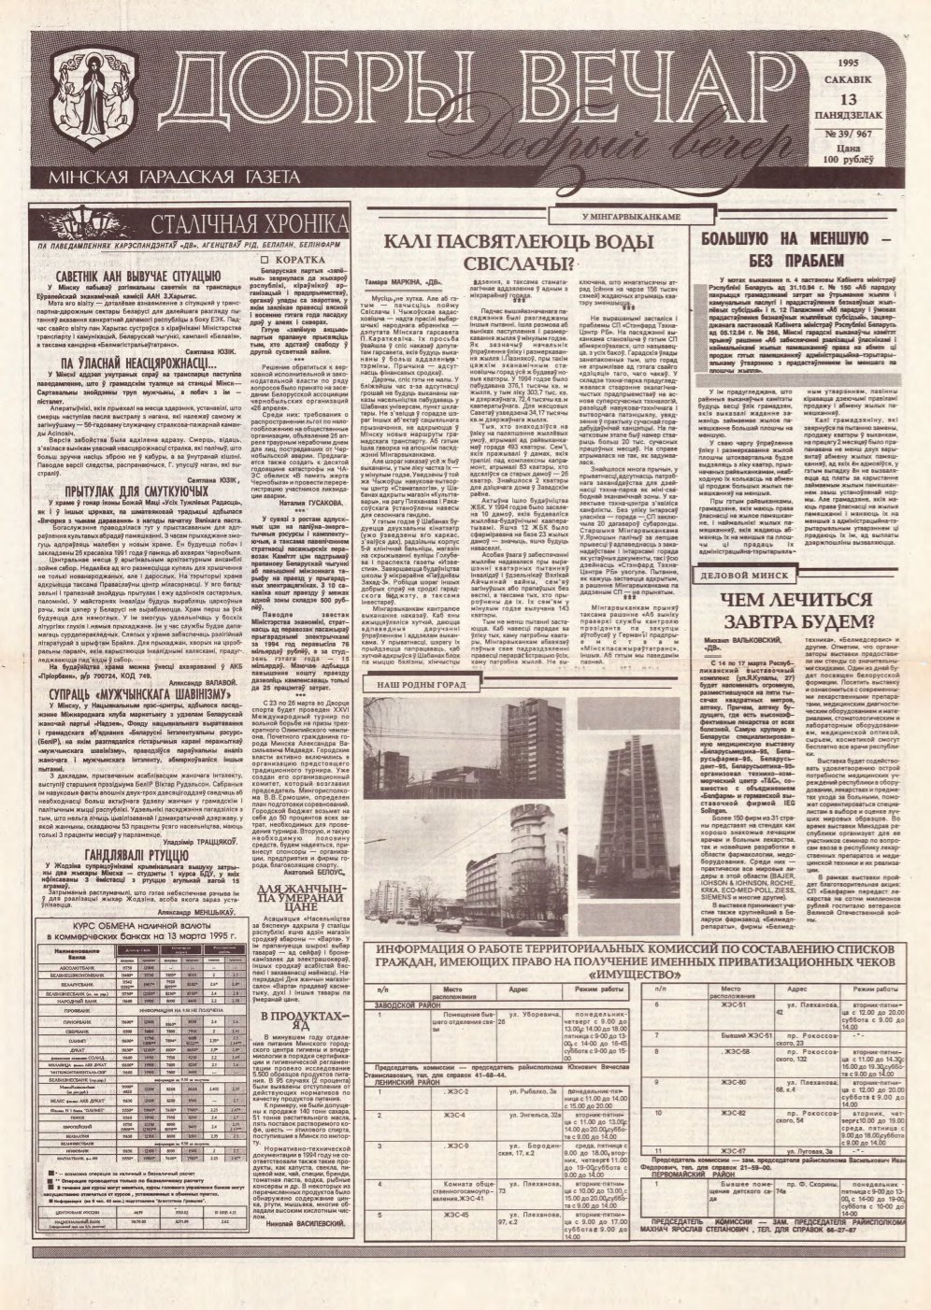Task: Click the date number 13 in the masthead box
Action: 848,99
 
